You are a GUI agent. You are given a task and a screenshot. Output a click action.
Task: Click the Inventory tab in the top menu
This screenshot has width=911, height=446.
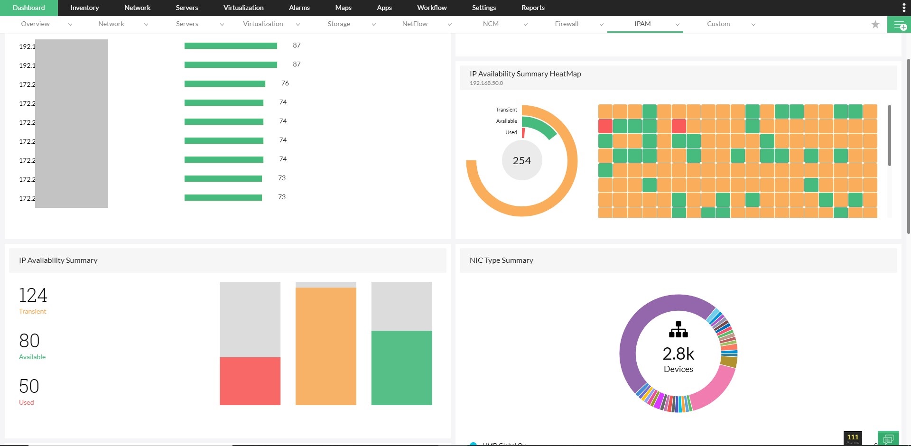pos(84,8)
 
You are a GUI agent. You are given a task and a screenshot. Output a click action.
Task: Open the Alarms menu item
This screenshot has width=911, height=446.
pos(299,8)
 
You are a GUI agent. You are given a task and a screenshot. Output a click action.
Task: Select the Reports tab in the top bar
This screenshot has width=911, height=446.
pos(533,8)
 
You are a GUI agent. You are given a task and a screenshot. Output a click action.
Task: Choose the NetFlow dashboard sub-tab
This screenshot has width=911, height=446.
pos(415,24)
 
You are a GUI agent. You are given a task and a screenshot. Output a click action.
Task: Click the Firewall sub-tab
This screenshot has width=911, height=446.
pos(567,24)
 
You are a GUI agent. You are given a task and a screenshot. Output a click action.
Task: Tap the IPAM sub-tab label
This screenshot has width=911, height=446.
pos(642,24)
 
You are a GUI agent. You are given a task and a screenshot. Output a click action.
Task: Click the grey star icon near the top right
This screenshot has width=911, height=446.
pos(875,24)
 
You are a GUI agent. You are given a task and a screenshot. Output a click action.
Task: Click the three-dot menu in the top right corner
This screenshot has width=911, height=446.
pos(904,8)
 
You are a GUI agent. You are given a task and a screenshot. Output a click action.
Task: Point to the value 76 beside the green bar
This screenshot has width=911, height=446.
pos(285,83)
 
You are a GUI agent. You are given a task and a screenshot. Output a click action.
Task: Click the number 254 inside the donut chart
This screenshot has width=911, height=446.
pos(521,161)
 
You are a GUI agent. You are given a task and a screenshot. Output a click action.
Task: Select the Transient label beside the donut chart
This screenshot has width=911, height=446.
pos(506,110)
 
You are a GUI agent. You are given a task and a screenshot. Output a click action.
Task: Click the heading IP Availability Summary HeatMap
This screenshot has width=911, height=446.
pos(525,74)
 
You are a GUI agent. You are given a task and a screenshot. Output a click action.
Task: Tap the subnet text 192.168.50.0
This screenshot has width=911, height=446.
pos(486,83)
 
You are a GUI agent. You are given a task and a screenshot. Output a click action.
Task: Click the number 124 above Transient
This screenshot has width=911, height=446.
pos(33,295)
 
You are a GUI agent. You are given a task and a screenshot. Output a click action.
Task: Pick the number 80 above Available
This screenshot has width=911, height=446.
pos(29,341)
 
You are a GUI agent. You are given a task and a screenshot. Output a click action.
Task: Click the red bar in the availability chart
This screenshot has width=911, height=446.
pos(250,381)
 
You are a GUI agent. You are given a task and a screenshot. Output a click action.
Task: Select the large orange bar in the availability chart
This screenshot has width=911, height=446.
pos(325,346)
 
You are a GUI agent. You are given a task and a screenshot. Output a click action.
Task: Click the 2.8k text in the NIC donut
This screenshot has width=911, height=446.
pos(678,354)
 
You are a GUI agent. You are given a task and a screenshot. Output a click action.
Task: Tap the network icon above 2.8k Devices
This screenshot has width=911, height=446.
pos(678,329)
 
